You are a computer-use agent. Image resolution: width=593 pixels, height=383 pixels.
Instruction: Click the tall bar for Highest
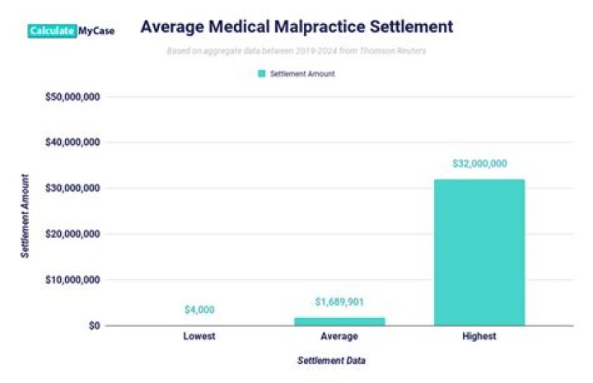pyautogui.click(x=479, y=252)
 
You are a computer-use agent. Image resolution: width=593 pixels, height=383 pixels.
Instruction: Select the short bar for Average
pyautogui.click(x=339, y=320)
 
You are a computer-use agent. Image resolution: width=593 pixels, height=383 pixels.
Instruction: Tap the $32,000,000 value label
pyautogui.click(x=479, y=164)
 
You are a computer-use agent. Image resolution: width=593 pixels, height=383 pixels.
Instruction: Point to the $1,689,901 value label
pyautogui.click(x=339, y=302)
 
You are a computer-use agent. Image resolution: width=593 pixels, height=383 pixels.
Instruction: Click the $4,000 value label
pyautogui.click(x=199, y=310)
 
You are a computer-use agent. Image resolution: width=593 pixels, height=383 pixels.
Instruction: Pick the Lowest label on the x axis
pyautogui.click(x=199, y=337)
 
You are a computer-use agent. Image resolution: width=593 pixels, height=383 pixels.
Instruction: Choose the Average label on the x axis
pyautogui.click(x=339, y=337)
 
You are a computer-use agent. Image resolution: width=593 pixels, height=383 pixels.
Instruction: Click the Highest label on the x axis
pyautogui.click(x=479, y=337)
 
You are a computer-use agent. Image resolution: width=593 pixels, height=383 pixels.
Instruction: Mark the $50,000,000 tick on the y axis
pyautogui.click(x=72, y=96)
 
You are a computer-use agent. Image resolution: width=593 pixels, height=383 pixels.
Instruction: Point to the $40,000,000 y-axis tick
pyautogui.click(x=72, y=142)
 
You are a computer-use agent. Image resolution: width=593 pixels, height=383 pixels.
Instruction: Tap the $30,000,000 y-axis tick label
pyautogui.click(x=72, y=188)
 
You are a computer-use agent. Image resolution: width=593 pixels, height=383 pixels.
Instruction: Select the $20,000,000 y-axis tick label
pyautogui.click(x=72, y=234)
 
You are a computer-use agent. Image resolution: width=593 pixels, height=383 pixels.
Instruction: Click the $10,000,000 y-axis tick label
pyautogui.click(x=72, y=280)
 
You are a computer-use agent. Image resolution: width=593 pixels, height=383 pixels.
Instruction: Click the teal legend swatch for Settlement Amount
pyautogui.click(x=262, y=73)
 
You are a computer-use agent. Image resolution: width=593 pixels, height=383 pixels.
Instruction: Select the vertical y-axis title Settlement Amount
pyautogui.click(x=26, y=216)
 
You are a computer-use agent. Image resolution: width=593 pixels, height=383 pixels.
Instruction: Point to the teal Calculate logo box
pyautogui.click(x=52, y=30)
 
